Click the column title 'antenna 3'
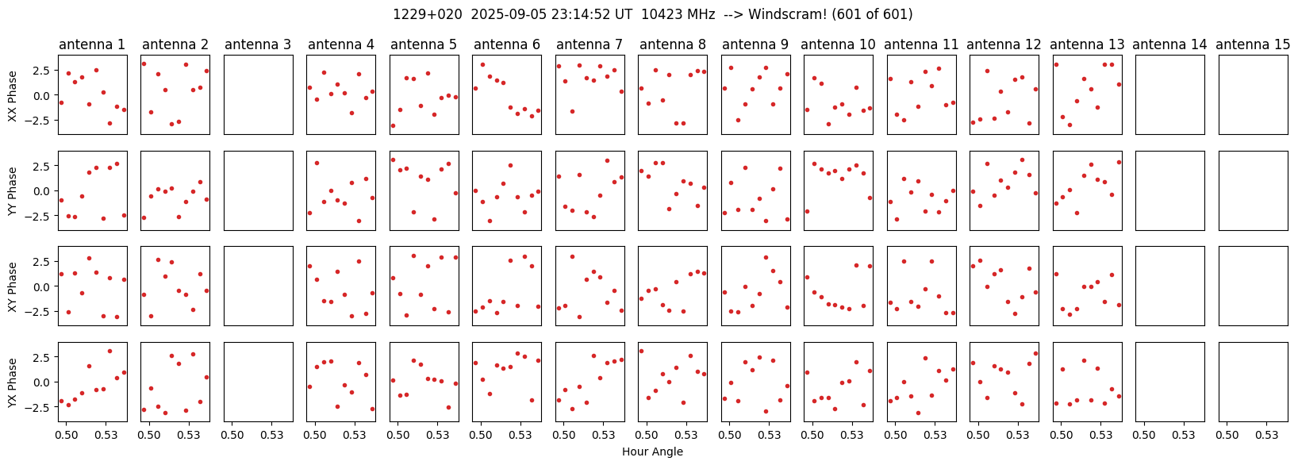pos(258,44)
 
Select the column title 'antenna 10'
pos(838,44)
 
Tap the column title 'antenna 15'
pos(1253,44)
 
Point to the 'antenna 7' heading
pos(589,44)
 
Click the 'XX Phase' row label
pos(13,95)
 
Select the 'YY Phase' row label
pos(13,191)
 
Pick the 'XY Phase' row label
pos(13,287)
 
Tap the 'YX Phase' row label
pos(13,382)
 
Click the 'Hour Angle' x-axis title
pos(652,452)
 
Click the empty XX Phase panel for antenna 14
pos(1170,94)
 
